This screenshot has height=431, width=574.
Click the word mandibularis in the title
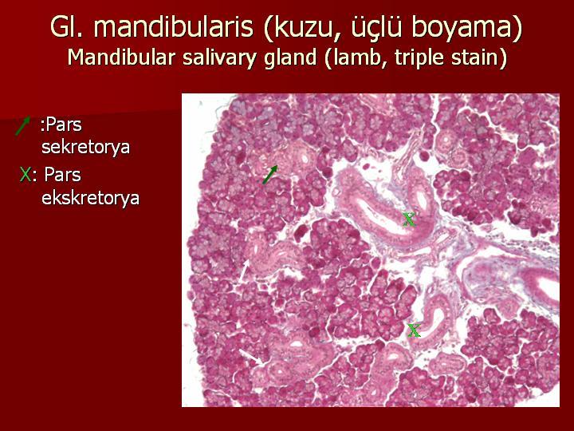175,27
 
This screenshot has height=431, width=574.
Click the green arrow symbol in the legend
22,126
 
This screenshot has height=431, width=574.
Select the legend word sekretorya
85,147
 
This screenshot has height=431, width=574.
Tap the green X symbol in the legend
26,175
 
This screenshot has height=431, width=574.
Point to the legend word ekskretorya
90,198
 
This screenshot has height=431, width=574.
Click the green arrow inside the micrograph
269,175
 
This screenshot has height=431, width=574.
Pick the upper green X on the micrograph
409,219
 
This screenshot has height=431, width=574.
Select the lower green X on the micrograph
414,330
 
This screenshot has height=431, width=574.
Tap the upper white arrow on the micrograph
244,271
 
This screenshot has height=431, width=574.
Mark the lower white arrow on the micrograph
251,357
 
